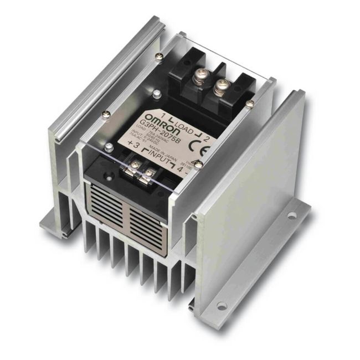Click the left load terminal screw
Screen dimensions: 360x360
click(198, 80)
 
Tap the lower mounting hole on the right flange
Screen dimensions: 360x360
click(222, 305)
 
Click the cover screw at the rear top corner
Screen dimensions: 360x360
click(160, 55)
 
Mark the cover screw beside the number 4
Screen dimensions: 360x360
click(197, 164)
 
